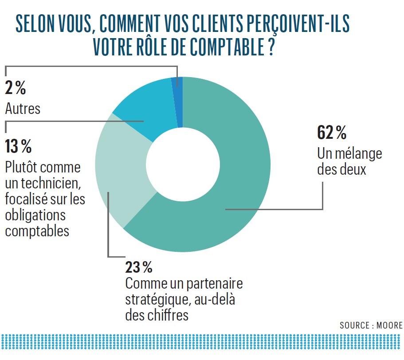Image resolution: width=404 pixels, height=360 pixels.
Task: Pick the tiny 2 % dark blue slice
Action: pos(177,102)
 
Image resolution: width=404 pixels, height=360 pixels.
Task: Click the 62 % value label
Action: pos(332,133)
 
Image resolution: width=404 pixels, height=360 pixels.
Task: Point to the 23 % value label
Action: pos(139,267)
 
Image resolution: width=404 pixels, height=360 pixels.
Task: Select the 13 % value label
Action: pos(18,146)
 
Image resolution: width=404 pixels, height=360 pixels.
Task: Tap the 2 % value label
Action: pos(16,89)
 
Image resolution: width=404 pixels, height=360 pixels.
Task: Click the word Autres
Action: pos(23,109)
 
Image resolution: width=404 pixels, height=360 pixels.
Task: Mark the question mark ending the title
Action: pos(271,47)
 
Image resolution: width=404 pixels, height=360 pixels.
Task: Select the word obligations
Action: pos(35,215)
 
